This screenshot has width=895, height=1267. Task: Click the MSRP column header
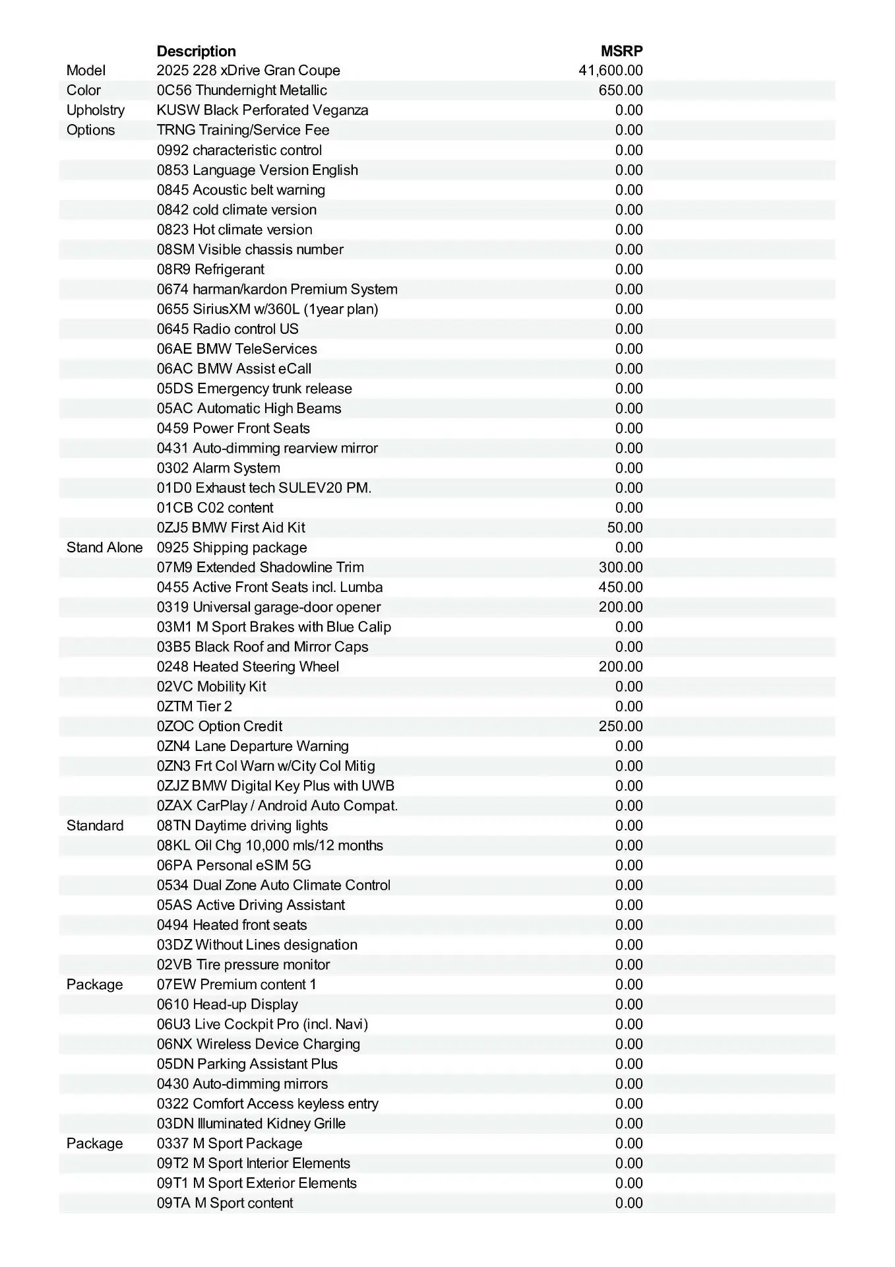(621, 51)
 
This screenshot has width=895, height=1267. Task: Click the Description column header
(196, 51)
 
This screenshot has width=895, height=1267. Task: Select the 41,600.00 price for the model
(610, 71)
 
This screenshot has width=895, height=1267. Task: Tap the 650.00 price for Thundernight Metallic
(620, 90)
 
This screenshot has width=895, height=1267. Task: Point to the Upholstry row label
(95, 110)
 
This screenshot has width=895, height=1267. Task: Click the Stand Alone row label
(104, 548)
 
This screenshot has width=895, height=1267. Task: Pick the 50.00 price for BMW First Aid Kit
(625, 528)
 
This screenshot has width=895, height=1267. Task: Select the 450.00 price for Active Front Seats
(620, 587)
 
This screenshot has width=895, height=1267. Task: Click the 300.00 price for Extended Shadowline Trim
(620, 568)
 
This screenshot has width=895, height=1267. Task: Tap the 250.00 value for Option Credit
(620, 727)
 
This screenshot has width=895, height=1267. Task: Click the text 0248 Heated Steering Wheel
(247, 666)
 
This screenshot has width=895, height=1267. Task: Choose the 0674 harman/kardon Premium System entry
(277, 289)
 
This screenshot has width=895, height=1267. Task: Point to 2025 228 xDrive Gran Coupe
(248, 71)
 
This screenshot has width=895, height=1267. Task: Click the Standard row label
(95, 826)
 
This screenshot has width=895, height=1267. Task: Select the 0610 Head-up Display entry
(227, 1004)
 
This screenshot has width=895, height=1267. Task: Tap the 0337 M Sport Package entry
(230, 1144)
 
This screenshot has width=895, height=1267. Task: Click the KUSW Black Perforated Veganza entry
(262, 110)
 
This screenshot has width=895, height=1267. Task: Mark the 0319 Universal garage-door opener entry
(268, 607)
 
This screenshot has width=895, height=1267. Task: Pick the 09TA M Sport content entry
(225, 1203)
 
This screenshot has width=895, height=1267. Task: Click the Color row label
(83, 90)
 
